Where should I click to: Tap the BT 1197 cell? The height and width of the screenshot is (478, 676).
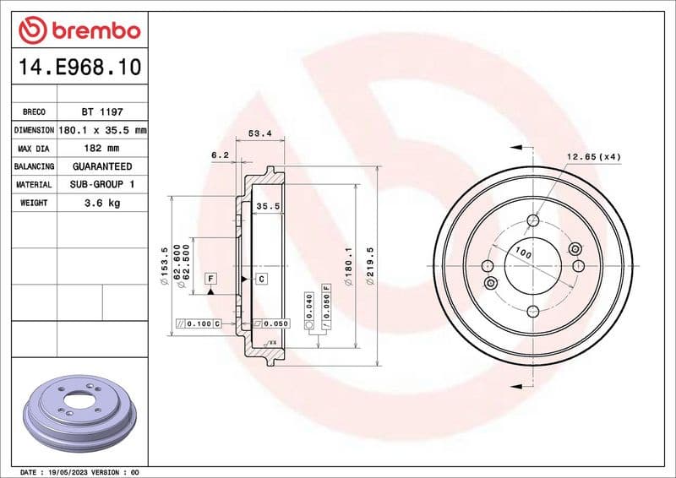click(x=101, y=111)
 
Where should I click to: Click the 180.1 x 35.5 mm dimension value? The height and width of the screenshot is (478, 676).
click(x=101, y=130)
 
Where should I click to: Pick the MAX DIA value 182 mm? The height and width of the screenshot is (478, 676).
click(x=101, y=149)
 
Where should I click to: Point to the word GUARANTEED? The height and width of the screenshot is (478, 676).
click(x=101, y=166)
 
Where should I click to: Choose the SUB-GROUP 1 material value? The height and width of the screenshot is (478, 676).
click(x=101, y=184)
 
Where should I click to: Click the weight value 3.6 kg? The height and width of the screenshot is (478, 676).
click(x=101, y=203)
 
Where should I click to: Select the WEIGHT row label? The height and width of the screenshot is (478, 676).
click(x=34, y=203)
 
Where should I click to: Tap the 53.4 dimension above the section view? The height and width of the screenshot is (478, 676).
click(x=259, y=133)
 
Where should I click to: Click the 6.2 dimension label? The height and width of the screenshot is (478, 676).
click(x=220, y=155)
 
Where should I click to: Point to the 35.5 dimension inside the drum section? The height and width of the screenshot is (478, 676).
click(x=268, y=205)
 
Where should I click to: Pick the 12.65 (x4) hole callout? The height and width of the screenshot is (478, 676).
click(x=593, y=156)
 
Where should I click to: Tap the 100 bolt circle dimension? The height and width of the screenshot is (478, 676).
click(x=524, y=253)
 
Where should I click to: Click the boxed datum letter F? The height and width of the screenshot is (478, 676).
click(x=210, y=278)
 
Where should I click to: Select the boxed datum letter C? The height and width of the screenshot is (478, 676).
click(x=261, y=278)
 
